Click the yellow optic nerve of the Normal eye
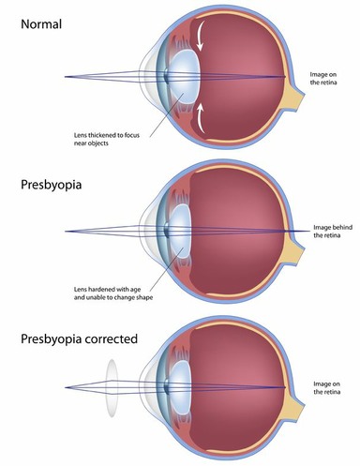(x=298, y=93)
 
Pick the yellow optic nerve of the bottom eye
(x=298, y=399)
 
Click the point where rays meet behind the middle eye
(x=308, y=231)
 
